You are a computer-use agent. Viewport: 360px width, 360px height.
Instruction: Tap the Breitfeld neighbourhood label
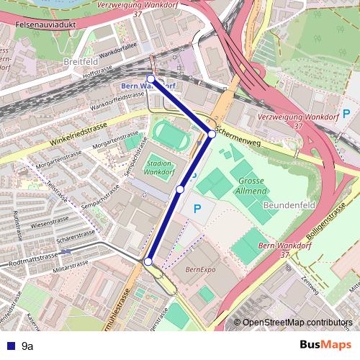tap(80, 62)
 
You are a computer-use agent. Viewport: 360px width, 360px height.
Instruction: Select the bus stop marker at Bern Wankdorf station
tap(151, 78)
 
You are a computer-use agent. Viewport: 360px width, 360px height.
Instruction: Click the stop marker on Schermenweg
tap(212, 134)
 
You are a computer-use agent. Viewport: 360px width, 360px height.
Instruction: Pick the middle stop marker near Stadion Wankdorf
tap(180, 189)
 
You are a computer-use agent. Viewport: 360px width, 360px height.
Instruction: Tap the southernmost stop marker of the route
tap(148, 262)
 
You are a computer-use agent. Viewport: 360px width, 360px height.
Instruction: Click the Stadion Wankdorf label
tap(158, 168)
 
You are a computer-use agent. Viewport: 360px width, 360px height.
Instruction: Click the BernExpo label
tap(201, 270)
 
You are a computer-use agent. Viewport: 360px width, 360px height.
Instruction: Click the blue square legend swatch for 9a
tap(11, 346)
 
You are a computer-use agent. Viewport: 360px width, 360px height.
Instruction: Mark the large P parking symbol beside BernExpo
tap(198, 209)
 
